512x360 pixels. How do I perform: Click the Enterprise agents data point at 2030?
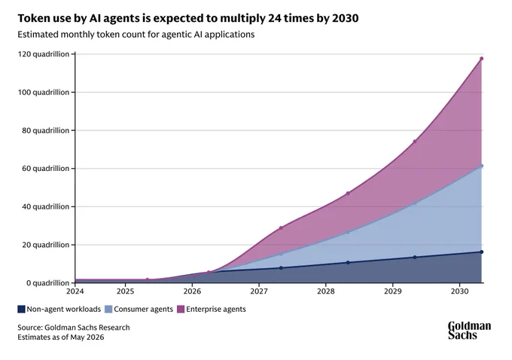click(x=481, y=59)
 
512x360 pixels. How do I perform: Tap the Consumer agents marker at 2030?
click(x=481, y=166)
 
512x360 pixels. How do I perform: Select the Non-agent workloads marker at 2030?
click(x=481, y=252)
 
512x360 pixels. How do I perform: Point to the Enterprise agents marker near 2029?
click(x=415, y=142)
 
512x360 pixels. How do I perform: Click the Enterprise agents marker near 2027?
click(x=281, y=228)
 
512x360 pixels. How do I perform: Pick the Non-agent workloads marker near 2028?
click(x=348, y=263)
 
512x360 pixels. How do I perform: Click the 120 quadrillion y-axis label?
click(x=44, y=54)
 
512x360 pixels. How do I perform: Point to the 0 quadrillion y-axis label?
click(x=47, y=283)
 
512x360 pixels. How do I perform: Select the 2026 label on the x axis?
click(x=192, y=291)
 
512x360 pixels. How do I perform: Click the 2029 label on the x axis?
click(x=392, y=291)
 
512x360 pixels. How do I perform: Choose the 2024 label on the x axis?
click(x=75, y=291)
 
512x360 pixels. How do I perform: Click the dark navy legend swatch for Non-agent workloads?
click(x=21, y=309)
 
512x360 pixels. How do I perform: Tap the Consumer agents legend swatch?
click(x=108, y=309)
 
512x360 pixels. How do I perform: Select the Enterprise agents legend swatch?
click(x=181, y=309)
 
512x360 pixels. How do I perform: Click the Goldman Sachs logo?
click(x=469, y=331)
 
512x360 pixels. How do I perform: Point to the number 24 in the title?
click(x=274, y=18)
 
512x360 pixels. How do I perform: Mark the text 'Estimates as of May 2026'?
click(x=61, y=337)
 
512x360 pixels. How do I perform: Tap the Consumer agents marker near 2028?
click(x=348, y=232)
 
